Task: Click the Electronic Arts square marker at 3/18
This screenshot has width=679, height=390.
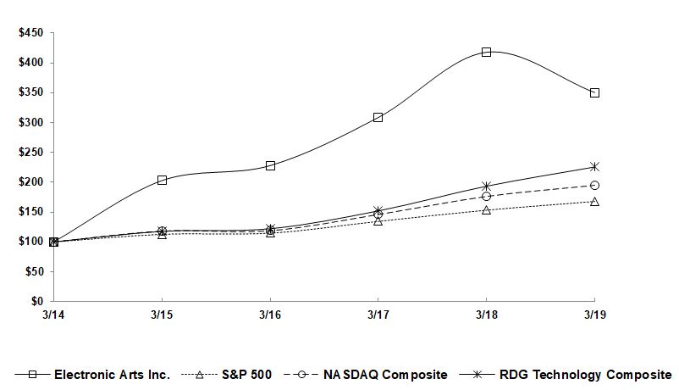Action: point(486,52)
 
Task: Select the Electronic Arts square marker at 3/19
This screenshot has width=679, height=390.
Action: point(594,92)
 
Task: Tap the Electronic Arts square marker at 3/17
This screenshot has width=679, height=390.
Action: point(378,117)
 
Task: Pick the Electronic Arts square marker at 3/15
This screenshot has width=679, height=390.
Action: point(162,180)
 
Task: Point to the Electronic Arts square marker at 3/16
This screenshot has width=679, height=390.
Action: point(270,165)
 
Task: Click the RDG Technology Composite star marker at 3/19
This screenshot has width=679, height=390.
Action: point(594,167)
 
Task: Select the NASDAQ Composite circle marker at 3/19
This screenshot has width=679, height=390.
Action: point(594,185)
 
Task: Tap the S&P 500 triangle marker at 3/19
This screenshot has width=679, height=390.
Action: point(594,202)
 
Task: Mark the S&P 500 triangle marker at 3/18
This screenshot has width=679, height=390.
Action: point(486,209)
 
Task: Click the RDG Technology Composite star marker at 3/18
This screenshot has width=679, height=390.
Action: point(486,186)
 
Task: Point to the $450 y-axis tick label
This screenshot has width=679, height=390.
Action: point(31,33)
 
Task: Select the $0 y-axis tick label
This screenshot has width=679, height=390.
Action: point(36,302)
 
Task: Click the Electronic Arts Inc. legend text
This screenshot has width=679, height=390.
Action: point(112,374)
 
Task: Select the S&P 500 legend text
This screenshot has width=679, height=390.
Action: point(246,374)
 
